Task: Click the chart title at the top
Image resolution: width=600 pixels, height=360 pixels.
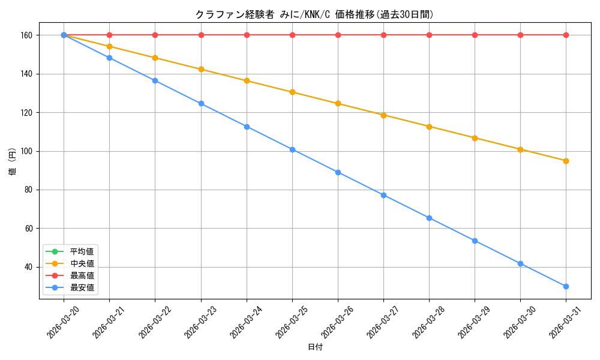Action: coord(314,14)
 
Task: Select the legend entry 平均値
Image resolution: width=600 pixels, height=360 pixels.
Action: coord(82,251)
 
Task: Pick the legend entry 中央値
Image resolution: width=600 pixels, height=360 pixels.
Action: coord(82,263)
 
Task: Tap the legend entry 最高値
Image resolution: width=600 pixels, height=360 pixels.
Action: coord(82,275)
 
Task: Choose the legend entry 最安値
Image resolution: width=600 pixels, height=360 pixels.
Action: coord(82,287)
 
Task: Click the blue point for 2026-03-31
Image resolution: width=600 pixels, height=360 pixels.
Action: coord(566,286)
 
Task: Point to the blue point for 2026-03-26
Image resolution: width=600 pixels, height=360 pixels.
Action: coord(338,172)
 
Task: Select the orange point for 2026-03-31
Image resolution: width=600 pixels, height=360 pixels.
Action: coord(566,161)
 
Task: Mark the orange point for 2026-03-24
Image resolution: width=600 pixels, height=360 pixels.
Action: coord(247,80)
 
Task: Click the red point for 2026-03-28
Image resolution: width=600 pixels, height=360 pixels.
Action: coord(429,35)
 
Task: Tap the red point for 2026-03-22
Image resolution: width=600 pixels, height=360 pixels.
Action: coord(155,35)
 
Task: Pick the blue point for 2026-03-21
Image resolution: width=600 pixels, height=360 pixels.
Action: coord(109,58)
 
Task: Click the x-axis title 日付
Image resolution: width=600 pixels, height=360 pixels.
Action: coord(315,347)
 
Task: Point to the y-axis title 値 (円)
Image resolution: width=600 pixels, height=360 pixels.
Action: coord(11,162)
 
